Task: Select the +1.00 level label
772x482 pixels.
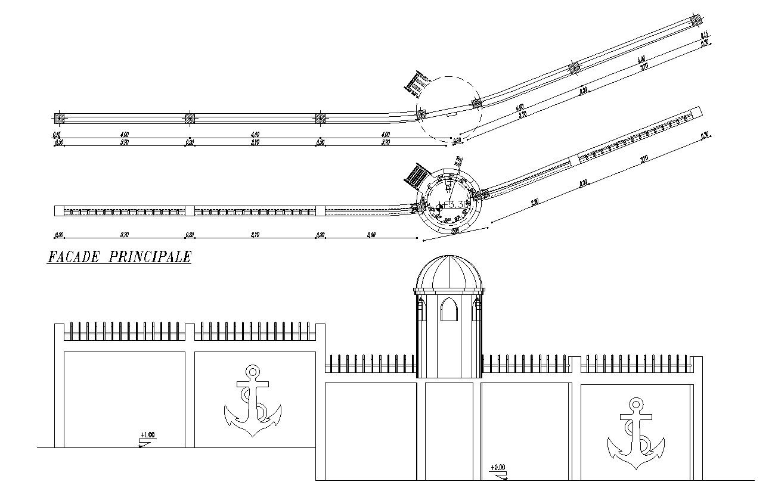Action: (147, 435)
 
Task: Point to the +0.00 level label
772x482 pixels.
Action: (497, 468)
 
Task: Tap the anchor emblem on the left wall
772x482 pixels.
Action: (252, 402)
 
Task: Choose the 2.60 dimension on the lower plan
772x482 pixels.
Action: (371, 235)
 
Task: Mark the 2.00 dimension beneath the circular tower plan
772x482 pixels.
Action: (455, 231)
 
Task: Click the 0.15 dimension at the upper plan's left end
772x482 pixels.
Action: (57, 135)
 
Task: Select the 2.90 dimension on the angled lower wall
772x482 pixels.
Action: (535, 203)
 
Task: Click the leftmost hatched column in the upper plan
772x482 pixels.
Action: (58, 117)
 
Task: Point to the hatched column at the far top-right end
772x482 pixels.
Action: (695, 20)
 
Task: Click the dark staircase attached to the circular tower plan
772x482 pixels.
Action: (417, 176)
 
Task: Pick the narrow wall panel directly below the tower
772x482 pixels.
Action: (449, 430)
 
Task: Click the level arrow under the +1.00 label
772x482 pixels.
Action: (144, 443)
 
